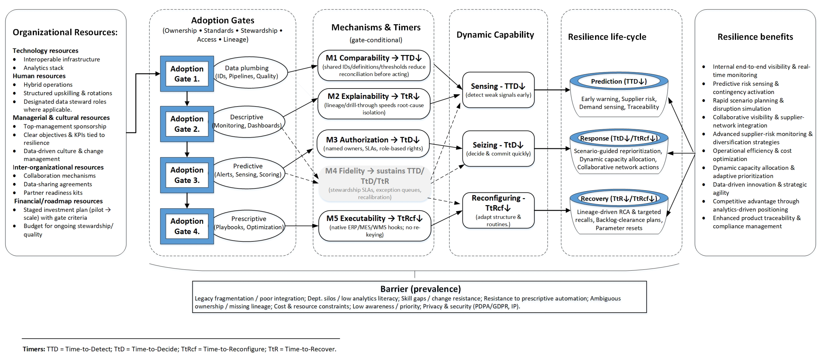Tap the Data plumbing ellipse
pyautogui.click(x=250, y=72)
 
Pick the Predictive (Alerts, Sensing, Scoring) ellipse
pyautogui.click(x=248, y=170)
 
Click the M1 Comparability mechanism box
pyautogui.click(x=374, y=65)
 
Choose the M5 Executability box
pyautogui.click(x=374, y=226)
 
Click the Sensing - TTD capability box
pyautogui.click(x=498, y=90)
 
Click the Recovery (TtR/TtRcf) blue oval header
pyautogui.click(x=619, y=199)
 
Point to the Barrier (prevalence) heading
pyautogui.click(x=420, y=289)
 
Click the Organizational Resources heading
pyautogui.click(x=65, y=32)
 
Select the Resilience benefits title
pyautogui.click(x=755, y=37)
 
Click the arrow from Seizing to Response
pyautogui.click(x=552, y=148)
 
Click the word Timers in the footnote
pyautogui.click(x=34, y=349)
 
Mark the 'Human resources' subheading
pyautogui.click(x=39, y=76)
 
